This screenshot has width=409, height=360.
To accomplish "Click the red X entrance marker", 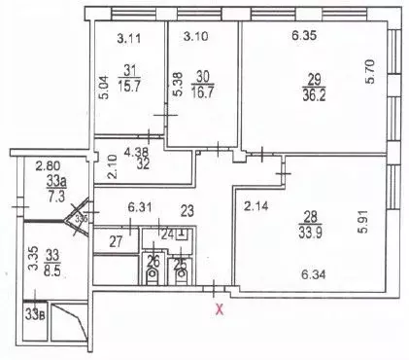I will click(219, 310).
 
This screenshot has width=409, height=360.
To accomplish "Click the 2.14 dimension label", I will click(256, 206).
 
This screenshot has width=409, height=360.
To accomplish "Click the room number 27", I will click(115, 241).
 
